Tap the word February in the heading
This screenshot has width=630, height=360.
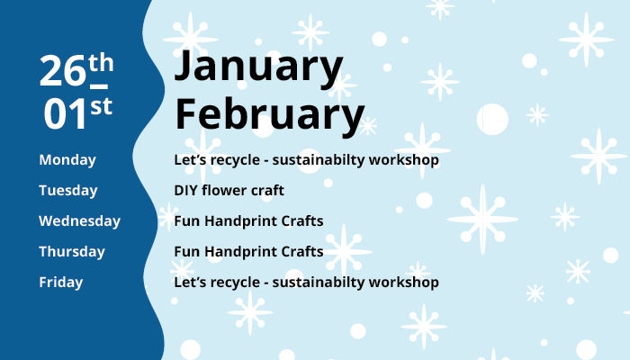pos(269,115)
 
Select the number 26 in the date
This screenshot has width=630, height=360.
pos(62,72)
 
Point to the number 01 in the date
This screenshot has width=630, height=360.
pos(66,112)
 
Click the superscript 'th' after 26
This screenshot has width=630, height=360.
pos(101,63)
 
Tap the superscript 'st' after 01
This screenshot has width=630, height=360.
pos(101,105)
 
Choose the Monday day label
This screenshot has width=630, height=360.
pos(67,160)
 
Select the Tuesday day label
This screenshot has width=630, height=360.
pos(68,191)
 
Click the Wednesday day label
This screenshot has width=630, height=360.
pos(79,221)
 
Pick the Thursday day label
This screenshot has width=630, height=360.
pos(72,252)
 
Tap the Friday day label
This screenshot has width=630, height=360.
pos(61,283)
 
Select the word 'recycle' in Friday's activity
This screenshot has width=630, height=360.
pos(236,283)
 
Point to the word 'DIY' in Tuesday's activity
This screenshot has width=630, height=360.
pos(186,191)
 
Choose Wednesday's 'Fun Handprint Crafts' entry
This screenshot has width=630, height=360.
pos(248,221)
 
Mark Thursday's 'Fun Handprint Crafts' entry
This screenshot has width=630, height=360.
pos(248,252)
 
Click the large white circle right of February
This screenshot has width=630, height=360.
pos(492,118)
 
